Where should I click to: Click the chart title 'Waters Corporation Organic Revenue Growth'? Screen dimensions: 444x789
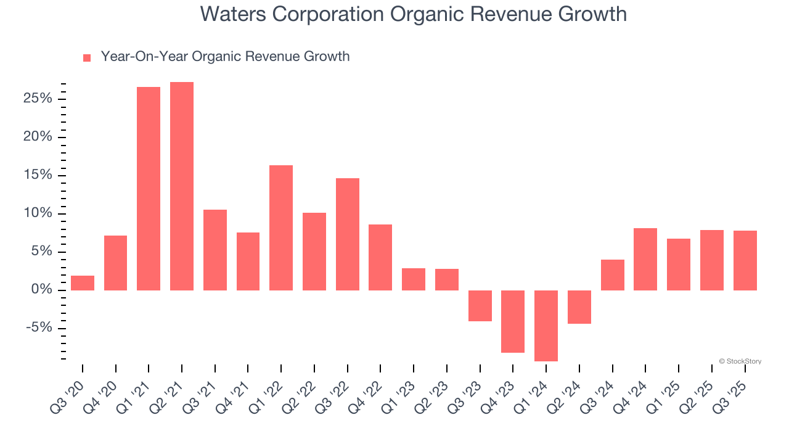(413, 14)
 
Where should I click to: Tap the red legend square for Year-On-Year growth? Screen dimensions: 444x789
(87, 57)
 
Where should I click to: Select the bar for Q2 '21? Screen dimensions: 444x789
(182, 186)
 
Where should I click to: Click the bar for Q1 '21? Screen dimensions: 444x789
(149, 189)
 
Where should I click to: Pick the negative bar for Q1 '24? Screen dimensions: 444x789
(546, 326)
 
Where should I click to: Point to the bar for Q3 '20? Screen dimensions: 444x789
(83, 283)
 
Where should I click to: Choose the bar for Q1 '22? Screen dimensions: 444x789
(281, 228)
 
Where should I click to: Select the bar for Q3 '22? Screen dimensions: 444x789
(348, 234)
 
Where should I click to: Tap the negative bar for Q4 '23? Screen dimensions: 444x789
(513, 321)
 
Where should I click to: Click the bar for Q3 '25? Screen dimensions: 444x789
(745, 260)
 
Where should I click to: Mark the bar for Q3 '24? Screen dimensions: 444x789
(613, 275)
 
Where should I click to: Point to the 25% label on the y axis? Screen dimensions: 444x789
(38, 99)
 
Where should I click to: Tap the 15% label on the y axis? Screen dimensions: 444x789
(38, 175)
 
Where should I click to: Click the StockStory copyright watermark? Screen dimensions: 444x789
(740, 361)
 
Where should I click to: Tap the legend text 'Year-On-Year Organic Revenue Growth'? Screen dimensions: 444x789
(225, 57)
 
